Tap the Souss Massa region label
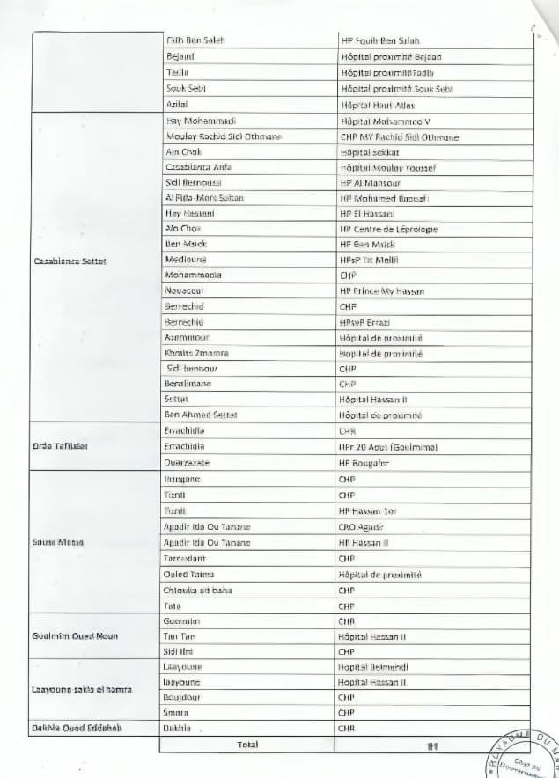58,542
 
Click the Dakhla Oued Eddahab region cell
77,728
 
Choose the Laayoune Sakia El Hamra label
81,689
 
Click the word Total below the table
247,745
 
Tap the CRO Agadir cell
361,526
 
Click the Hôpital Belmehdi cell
374,667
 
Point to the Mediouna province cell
186,261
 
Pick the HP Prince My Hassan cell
382,291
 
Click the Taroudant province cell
185,559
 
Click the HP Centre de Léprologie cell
388,230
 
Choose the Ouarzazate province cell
188,463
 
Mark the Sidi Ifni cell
180,652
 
